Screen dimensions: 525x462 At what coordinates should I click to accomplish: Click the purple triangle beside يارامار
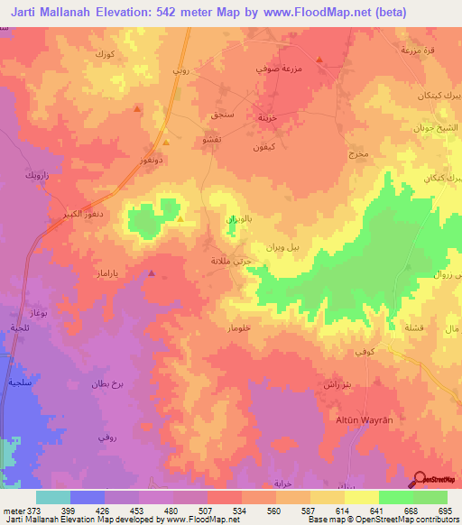(152, 272)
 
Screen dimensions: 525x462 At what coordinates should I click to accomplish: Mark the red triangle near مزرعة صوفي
(319, 60)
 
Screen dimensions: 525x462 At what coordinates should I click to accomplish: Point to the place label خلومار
(226, 330)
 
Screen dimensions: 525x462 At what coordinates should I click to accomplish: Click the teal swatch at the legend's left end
(53, 497)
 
